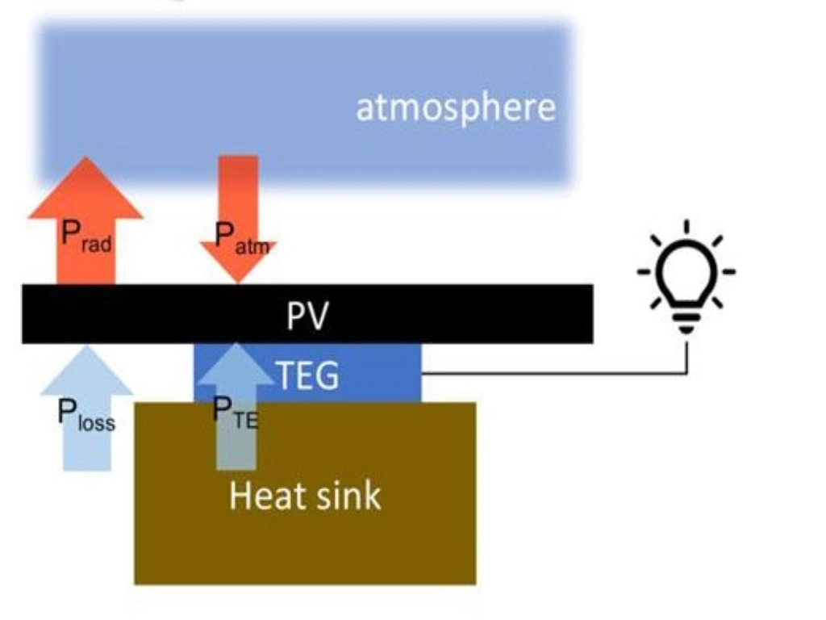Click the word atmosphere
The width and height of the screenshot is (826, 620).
[456, 107]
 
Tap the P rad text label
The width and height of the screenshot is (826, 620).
[86, 237]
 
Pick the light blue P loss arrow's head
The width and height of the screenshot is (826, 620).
[86, 370]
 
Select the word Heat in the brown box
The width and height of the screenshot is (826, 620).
[268, 494]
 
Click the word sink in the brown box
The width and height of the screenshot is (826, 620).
[347, 494]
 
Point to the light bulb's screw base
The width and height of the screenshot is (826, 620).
[686, 322]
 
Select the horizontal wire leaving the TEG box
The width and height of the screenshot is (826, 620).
[549, 374]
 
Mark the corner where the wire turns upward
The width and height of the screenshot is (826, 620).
[686, 374]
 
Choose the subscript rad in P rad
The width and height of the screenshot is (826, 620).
[98, 244]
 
